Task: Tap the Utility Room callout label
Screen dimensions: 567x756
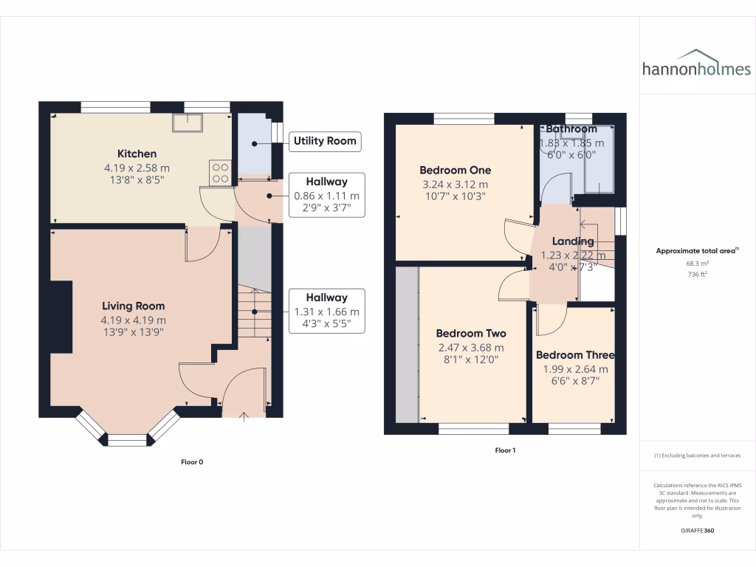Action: (x=325, y=140)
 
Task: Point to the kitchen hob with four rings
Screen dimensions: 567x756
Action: (x=221, y=173)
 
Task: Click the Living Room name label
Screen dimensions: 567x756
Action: (x=134, y=306)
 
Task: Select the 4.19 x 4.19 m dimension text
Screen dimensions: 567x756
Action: (x=134, y=320)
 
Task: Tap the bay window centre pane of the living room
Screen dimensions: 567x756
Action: (x=128, y=441)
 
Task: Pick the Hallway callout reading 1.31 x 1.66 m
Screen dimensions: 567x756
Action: (x=326, y=312)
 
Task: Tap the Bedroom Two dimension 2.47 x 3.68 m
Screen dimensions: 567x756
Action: (x=470, y=348)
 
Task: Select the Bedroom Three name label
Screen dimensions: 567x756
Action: (x=575, y=354)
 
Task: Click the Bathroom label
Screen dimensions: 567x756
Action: (x=572, y=129)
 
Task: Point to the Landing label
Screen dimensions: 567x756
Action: (x=573, y=241)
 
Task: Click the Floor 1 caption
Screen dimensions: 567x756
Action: (x=505, y=450)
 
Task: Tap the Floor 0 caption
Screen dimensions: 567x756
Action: (x=192, y=462)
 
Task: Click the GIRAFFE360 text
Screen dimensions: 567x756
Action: (x=697, y=531)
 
